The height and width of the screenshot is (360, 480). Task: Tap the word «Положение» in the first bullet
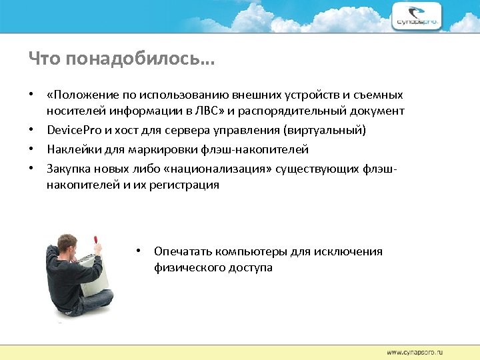click(x=79, y=95)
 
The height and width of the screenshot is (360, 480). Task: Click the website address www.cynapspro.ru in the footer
click(x=415, y=351)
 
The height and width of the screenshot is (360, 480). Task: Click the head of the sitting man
click(x=68, y=245)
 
